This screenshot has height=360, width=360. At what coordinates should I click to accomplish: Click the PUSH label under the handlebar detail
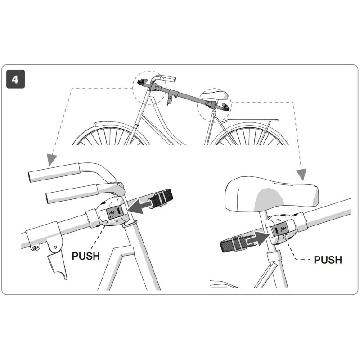click(x=85, y=256)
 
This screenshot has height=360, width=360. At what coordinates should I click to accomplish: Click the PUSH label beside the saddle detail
click(x=328, y=260)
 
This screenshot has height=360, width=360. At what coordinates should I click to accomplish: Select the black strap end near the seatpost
click(x=230, y=245)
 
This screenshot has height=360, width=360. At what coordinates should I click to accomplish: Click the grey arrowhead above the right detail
click(x=301, y=173)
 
